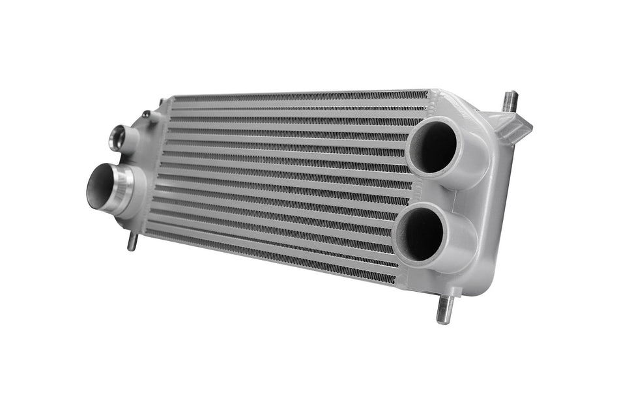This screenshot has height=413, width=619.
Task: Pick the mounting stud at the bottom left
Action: (x=132, y=240)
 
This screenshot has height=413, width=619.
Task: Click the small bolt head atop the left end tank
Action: (x=147, y=115)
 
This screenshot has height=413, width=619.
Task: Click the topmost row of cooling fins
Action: (x=300, y=97)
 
